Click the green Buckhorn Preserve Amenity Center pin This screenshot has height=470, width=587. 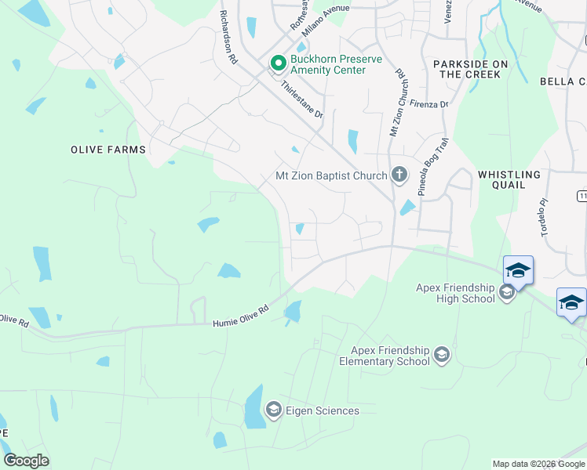point(277,62)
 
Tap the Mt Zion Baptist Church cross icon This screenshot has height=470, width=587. point(399,175)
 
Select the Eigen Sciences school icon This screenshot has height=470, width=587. point(273,410)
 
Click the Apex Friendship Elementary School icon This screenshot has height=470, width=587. point(442,355)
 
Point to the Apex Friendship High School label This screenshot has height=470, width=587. point(455,293)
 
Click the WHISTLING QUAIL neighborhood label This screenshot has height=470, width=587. point(509,179)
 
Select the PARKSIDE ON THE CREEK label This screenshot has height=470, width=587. point(469,69)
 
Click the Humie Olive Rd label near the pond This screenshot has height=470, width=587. point(241,316)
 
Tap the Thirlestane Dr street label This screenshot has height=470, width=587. point(302,101)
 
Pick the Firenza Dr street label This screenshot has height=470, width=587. point(428,103)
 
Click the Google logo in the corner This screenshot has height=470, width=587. point(26,461)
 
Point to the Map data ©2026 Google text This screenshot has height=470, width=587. point(538,464)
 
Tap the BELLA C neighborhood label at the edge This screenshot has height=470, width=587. point(563,81)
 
